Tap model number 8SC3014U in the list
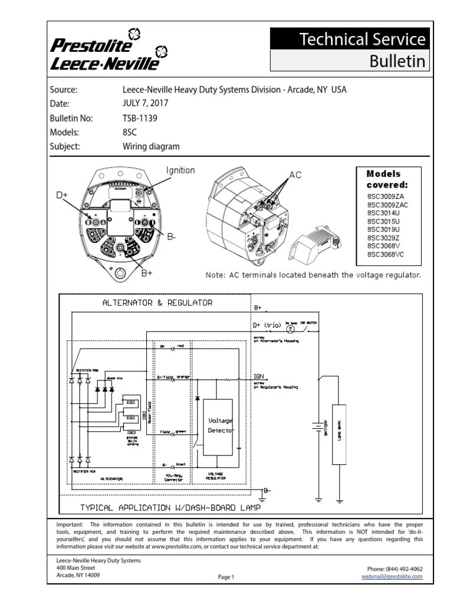coord(383,213)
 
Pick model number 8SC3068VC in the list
coord(386,254)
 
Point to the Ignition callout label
coord(180,170)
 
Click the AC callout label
coord(296,176)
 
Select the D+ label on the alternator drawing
coord(62,195)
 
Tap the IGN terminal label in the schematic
coord(259,375)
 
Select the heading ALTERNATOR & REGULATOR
coord(157,303)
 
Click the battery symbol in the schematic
coord(319,426)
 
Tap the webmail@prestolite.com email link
coord(392,576)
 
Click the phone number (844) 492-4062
coord(395,569)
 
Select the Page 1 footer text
coord(226,577)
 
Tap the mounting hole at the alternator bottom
coord(122,273)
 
